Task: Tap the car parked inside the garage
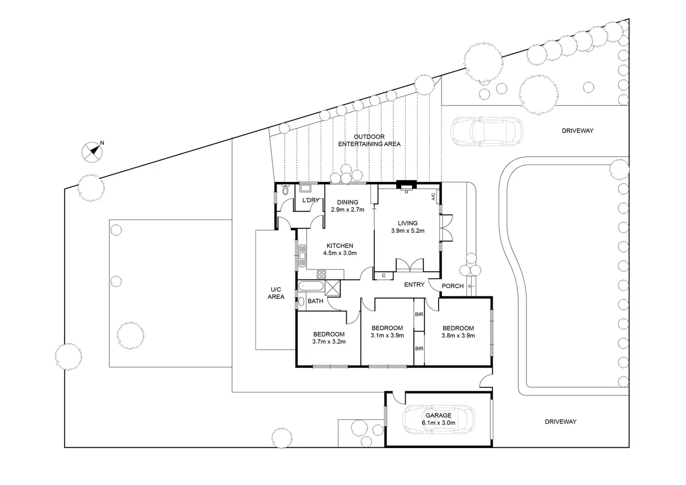(x=439, y=420)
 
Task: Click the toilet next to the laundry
(x=286, y=190)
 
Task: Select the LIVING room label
(x=407, y=223)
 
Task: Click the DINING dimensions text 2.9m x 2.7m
(x=348, y=209)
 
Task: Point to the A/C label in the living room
(x=433, y=197)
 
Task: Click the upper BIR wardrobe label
(x=419, y=314)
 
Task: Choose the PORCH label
(x=453, y=286)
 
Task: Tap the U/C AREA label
(x=276, y=293)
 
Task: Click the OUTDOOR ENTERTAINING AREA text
(x=369, y=140)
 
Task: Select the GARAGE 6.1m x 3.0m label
(x=438, y=419)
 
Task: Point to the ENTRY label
(x=414, y=284)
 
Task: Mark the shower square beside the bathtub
(x=333, y=286)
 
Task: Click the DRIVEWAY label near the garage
(x=561, y=422)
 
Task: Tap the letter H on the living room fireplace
(x=406, y=192)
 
